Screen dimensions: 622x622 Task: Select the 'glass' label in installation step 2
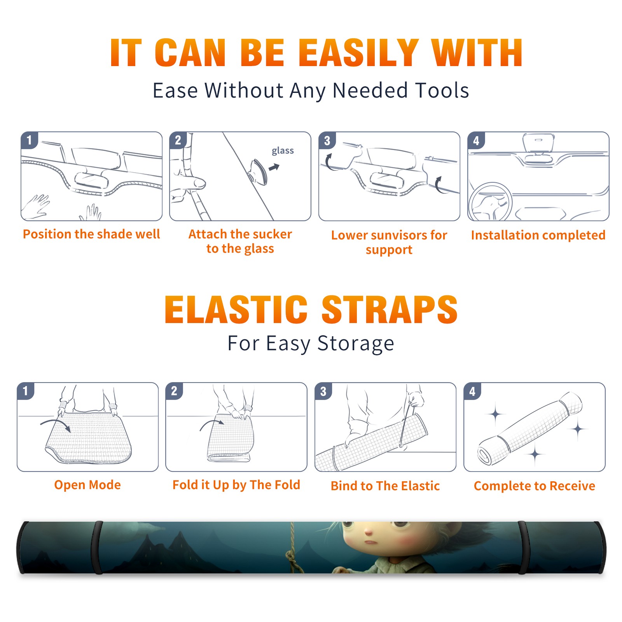pos(283,150)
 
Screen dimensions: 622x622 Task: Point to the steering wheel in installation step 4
pos(490,201)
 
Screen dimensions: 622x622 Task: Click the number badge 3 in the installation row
pos(327,141)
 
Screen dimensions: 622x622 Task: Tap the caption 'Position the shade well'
pos(91,234)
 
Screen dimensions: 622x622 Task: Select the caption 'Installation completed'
pos(538,235)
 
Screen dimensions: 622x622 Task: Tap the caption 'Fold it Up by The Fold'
pos(236,485)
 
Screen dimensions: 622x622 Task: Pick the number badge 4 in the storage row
pos(472,391)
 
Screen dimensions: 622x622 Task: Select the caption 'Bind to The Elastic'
pos(385,486)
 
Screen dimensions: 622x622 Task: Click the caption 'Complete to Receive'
pos(535,486)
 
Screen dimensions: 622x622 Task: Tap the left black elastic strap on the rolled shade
pos(97,547)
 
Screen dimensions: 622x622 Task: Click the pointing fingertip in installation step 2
pos(200,183)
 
